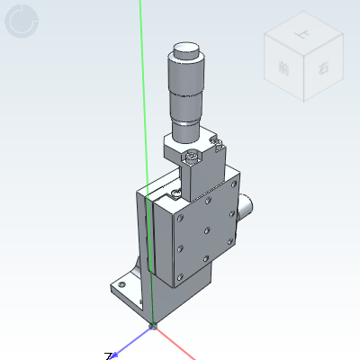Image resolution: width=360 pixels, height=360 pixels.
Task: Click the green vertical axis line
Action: point(144,108)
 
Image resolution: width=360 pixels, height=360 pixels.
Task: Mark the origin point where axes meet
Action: point(153,327)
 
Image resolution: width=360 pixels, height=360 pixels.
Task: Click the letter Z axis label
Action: point(108,356)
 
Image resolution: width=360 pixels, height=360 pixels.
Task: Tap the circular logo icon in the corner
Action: point(22,22)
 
